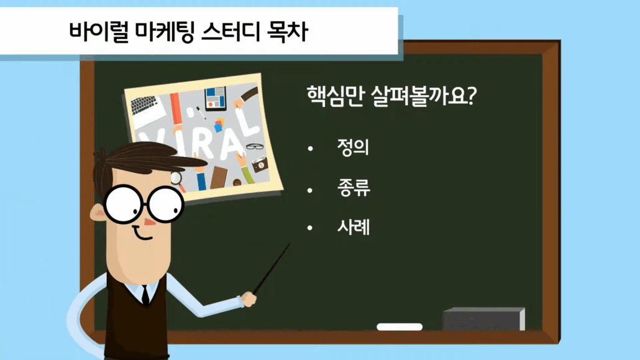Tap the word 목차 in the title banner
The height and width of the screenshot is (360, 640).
click(x=287, y=32)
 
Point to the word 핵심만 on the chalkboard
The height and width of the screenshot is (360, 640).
click(x=335, y=96)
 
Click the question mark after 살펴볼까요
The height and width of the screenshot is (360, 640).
click(x=471, y=96)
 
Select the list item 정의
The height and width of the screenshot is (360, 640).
click(x=353, y=147)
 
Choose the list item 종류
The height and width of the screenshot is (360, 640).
click(x=354, y=188)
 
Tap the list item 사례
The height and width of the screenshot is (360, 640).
click(x=354, y=227)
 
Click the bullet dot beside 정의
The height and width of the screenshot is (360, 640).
click(x=310, y=149)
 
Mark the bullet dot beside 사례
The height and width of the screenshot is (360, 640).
click(x=310, y=228)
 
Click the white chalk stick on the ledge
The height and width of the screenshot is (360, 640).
click(x=400, y=326)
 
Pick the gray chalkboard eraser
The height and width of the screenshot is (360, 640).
click(x=483, y=319)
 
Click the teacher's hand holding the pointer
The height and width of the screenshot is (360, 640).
click(x=249, y=298)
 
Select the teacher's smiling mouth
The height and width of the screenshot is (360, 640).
click(x=143, y=234)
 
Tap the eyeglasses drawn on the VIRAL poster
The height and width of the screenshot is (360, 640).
click(x=255, y=146)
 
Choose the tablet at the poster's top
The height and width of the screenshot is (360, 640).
click(x=216, y=99)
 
